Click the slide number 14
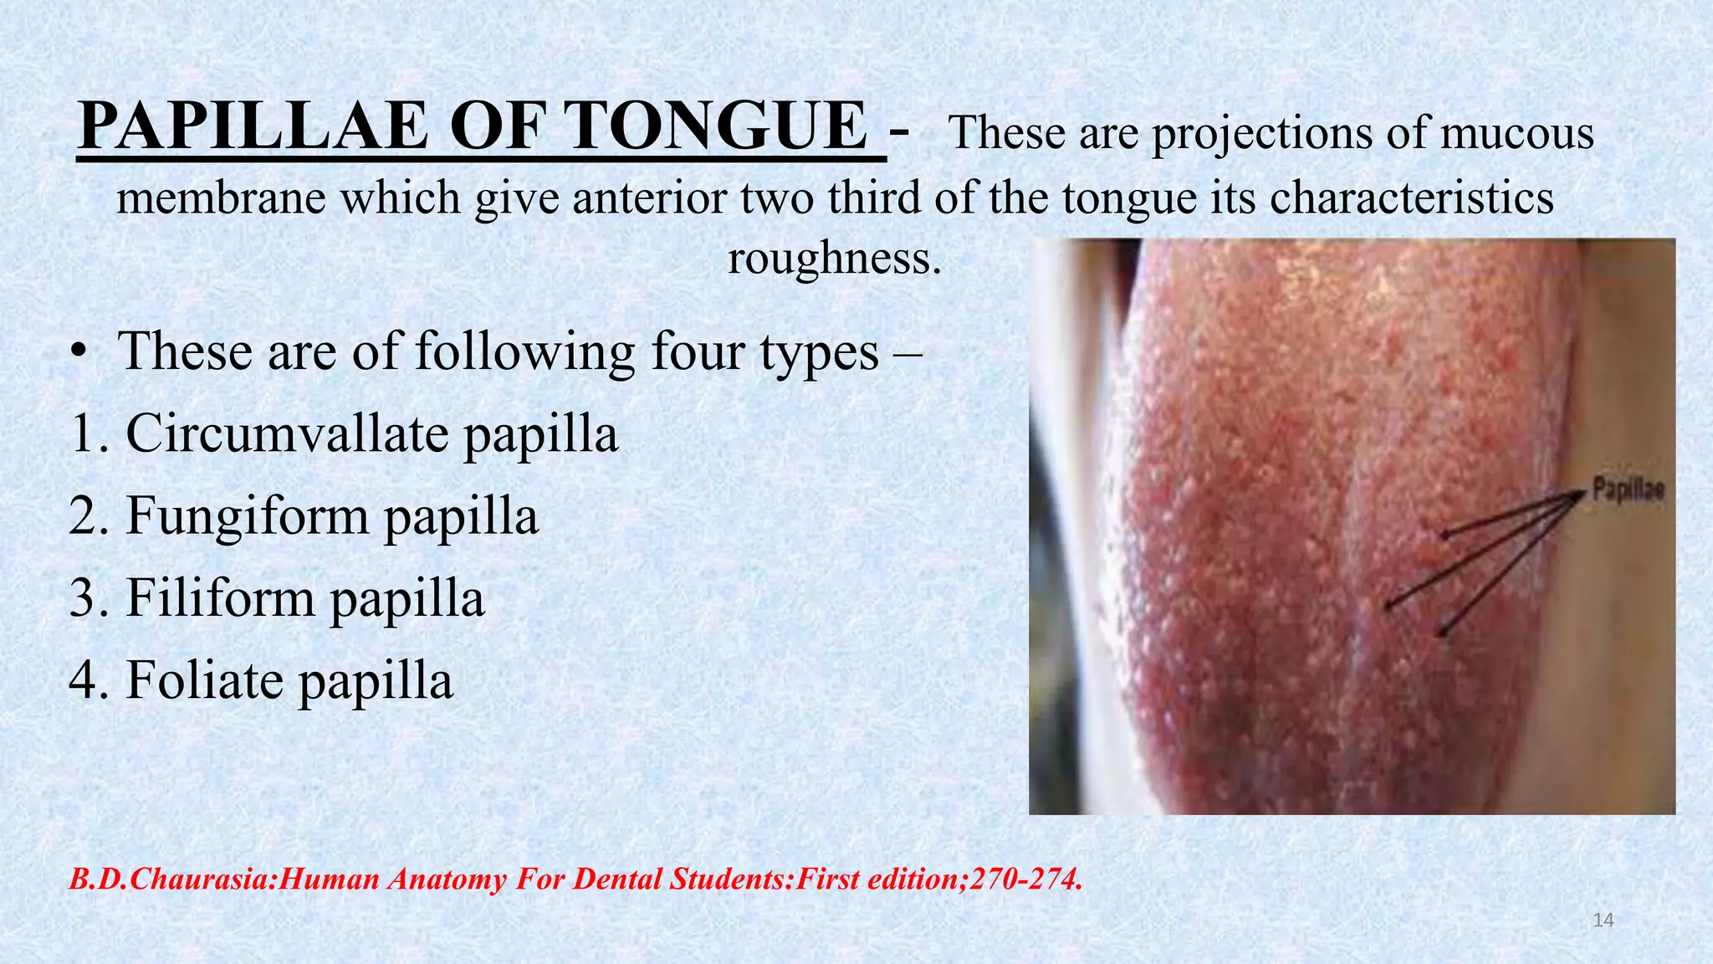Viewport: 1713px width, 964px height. pos(1603,920)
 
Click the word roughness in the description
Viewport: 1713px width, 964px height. pos(835,258)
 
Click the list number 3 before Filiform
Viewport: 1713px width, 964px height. pos(84,598)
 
